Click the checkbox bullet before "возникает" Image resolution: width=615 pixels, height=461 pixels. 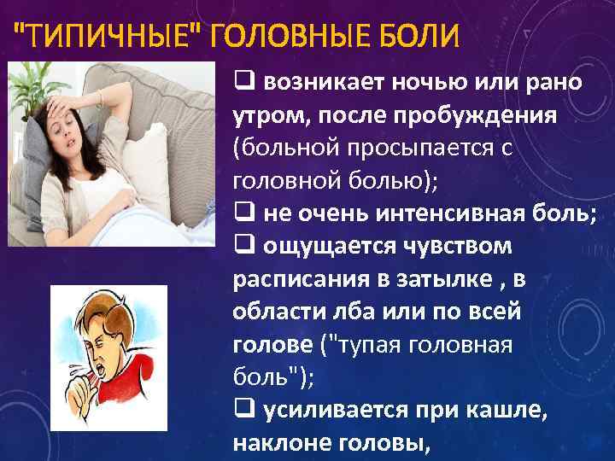coord(242,82)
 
